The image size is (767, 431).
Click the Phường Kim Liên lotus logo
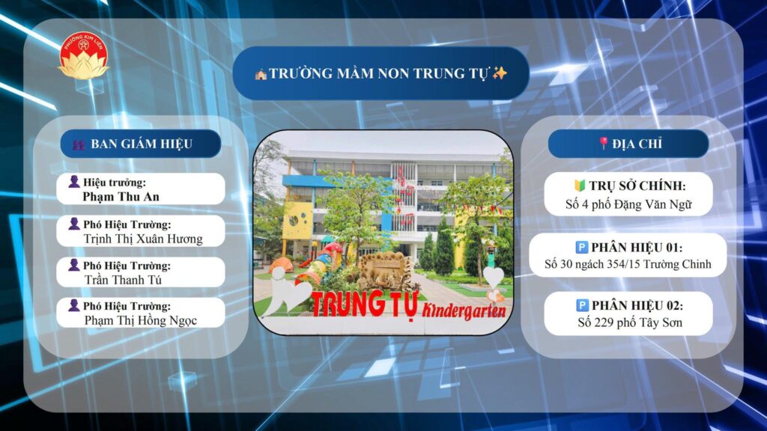pos(83,56)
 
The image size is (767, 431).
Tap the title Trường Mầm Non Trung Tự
pos(378,73)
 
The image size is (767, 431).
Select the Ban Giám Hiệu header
pos(142,144)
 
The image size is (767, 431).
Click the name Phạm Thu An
pos(121,197)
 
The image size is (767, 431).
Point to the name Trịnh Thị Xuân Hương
pos(143,239)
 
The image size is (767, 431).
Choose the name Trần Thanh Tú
pos(123,280)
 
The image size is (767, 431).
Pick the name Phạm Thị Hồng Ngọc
pos(141,320)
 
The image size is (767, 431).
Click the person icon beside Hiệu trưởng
pos(74,182)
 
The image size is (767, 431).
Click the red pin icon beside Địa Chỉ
pos(604,143)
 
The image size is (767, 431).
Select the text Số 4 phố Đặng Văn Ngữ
pos(628,204)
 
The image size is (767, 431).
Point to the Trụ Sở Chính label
pos(637,186)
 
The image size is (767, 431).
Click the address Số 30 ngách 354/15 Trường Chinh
pos(628,264)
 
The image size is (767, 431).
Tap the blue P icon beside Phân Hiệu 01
pos(581,247)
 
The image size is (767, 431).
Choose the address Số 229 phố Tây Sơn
pos(629,323)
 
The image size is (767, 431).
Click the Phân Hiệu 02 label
pos(637,305)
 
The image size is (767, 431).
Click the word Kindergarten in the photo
pos(463,311)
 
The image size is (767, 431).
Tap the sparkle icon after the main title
pos(500,73)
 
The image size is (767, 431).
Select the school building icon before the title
pos(261,74)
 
